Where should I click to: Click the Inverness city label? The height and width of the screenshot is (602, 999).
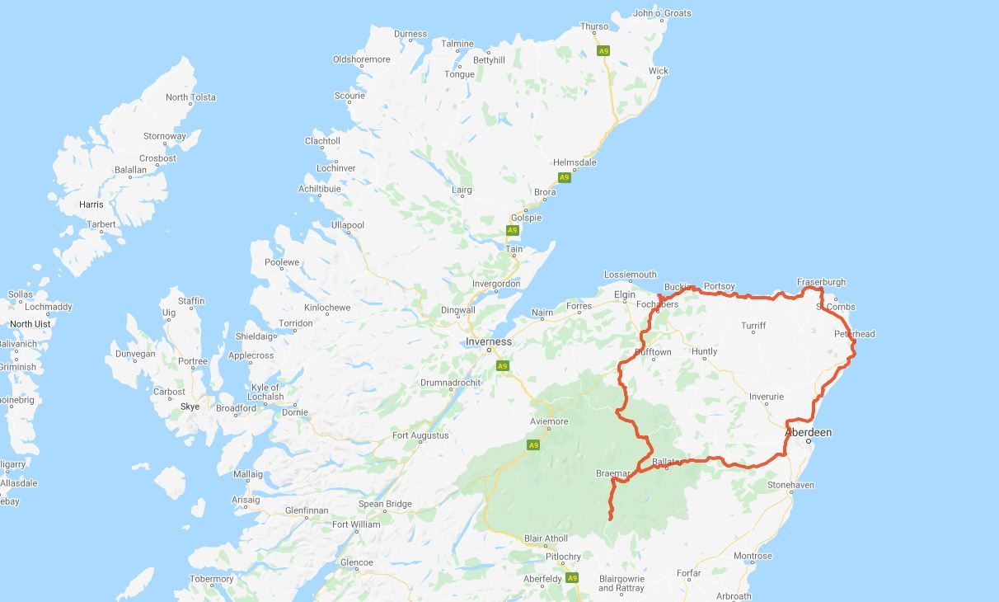pos(488,341)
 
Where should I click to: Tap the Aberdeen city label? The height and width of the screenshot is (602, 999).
pos(808,432)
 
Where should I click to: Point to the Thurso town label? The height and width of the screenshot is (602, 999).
pos(594,26)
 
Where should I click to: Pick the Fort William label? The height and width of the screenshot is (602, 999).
pos(356,524)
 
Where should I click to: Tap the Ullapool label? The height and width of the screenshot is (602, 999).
pos(348,225)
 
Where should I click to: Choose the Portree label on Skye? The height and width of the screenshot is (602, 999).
pos(193,361)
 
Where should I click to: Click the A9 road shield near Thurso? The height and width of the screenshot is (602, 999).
pos(604,51)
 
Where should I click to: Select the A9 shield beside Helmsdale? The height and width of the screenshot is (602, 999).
pos(564,177)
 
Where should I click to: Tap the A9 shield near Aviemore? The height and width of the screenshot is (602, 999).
pos(533,445)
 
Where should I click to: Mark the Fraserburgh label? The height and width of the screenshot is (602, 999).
pos(821,282)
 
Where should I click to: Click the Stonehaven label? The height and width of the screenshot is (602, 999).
pos(791,485)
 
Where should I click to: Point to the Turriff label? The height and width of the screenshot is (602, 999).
pos(753,326)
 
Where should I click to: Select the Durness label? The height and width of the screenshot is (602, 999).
pos(410,35)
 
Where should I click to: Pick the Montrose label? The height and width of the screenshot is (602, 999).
pos(753,556)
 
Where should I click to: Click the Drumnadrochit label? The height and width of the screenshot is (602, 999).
pos(449,383)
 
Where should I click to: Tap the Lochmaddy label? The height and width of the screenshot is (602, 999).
pos(49,307)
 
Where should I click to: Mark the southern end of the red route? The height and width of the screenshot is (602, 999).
pos(611,518)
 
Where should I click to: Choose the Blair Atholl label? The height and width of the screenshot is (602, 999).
pos(546,539)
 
